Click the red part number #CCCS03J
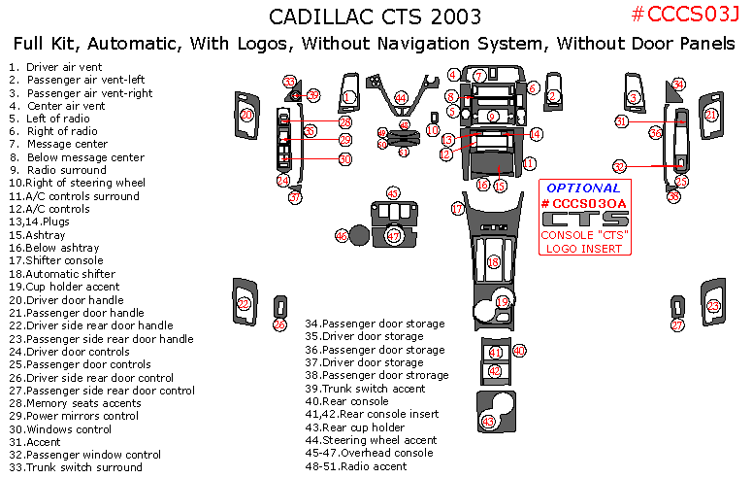point(684,14)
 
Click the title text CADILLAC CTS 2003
point(374,17)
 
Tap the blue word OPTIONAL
point(583,188)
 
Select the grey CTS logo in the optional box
point(584,219)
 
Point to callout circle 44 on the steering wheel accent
point(401,98)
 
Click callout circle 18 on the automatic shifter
point(493,261)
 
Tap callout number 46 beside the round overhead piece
point(342,236)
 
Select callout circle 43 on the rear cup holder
point(488,422)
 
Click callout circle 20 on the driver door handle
point(247,115)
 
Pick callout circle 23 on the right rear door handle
point(714,306)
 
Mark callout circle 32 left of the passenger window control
point(620,166)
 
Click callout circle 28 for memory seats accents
point(344,122)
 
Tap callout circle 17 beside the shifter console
point(457,209)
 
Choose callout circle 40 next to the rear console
point(519,350)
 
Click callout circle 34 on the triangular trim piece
point(679,85)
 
